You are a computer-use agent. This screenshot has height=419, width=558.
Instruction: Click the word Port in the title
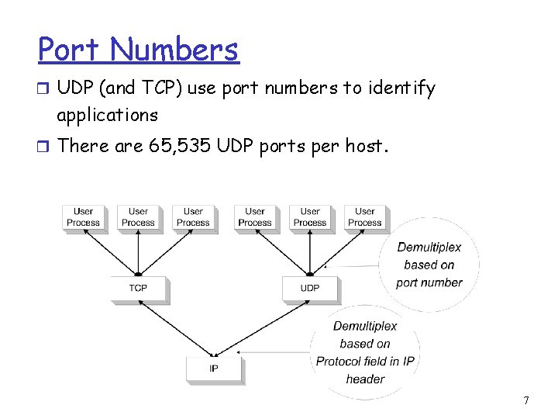coord(71,50)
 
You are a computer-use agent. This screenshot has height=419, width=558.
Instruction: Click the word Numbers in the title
coord(175,50)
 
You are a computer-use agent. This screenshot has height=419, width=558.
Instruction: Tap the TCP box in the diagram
coord(138,288)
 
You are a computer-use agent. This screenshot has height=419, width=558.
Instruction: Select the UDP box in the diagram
coord(310,288)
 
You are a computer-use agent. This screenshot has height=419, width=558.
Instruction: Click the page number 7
coord(526,400)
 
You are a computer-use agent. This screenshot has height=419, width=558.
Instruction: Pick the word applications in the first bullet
coord(108,116)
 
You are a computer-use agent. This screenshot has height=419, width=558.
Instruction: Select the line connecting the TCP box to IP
coord(174,327)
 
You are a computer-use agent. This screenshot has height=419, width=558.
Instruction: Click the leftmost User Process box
coord(83,216)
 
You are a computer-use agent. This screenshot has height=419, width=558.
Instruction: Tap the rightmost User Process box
coord(364,216)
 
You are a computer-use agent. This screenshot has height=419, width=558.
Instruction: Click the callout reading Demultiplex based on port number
coord(429,265)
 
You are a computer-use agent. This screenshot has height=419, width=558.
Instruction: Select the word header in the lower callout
coord(365,379)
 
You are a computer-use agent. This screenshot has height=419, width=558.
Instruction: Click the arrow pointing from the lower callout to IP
coord(275,353)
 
